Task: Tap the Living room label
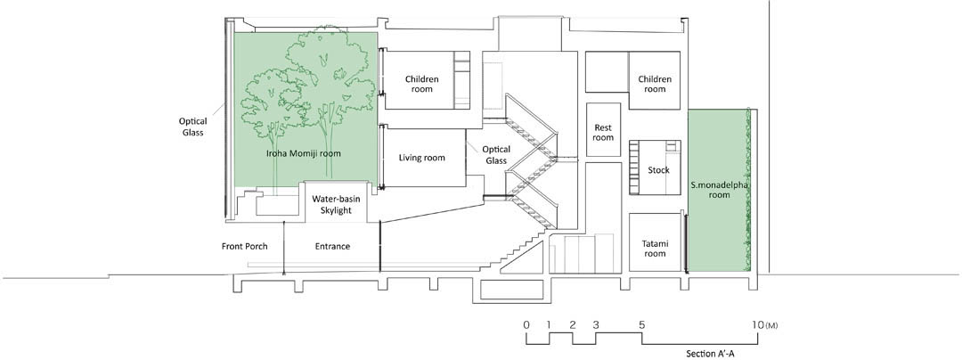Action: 421,159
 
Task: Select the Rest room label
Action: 603,133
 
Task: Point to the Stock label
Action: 658,170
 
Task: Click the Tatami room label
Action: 655,249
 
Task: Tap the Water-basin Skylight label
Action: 336,205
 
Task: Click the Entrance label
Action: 332,247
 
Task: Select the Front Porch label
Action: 244,247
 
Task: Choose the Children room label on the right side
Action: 655,84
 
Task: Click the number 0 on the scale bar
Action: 526,325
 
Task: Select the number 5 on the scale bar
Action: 641,325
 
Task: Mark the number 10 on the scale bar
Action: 758,325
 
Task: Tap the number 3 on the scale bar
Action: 596,325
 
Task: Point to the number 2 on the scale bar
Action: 573,325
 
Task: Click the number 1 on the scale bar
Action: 549,325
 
